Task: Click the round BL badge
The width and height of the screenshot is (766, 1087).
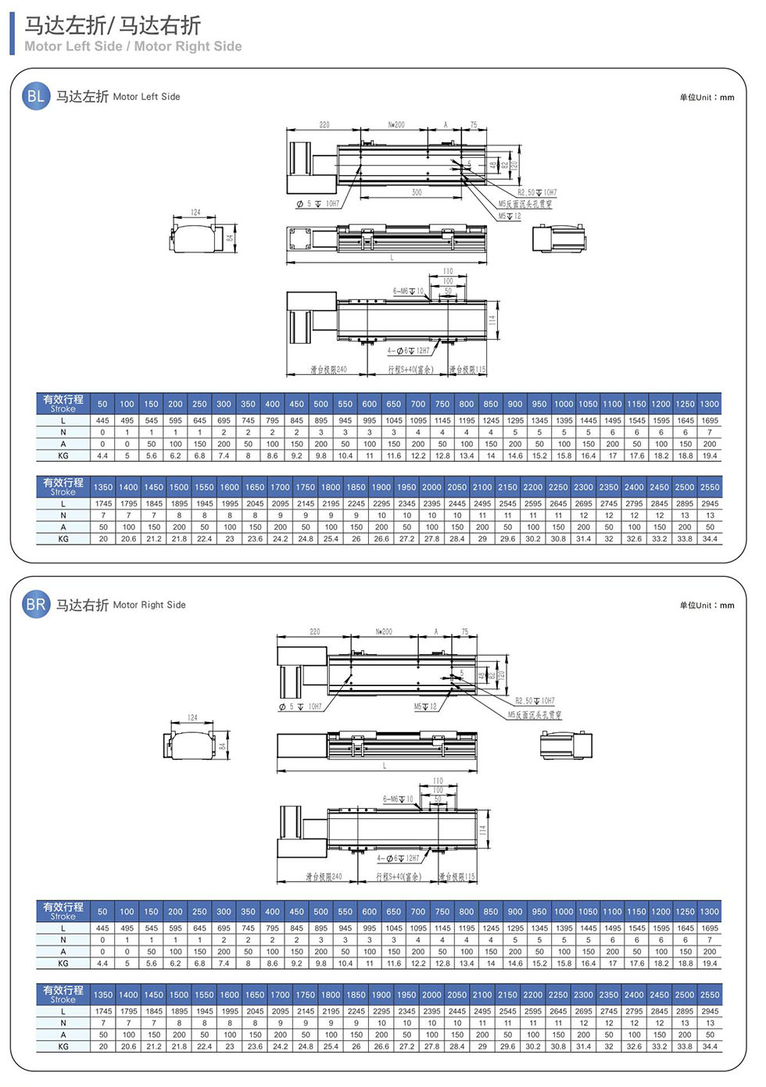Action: coord(36,96)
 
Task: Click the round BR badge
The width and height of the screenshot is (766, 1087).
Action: coord(36,604)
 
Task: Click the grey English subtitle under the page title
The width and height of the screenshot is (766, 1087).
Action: coord(133,47)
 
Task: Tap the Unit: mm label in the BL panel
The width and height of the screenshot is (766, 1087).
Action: coord(707,98)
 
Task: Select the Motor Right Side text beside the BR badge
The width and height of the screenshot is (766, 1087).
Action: coord(149,605)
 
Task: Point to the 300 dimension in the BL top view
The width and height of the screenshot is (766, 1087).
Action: coord(417,192)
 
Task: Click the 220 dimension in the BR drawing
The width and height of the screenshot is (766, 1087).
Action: coord(314,631)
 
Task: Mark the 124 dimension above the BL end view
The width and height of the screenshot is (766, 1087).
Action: coord(195,213)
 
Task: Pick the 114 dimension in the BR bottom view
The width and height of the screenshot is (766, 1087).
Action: coord(483,831)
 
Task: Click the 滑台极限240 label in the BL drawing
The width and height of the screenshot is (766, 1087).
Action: coord(328,370)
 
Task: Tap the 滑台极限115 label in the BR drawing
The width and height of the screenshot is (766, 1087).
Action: coord(457,877)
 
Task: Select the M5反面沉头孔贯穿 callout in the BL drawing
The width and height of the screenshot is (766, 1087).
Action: coord(525,204)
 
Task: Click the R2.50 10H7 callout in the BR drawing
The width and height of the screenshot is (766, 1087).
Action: coord(535,701)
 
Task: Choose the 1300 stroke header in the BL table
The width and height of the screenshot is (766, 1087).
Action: coord(709,404)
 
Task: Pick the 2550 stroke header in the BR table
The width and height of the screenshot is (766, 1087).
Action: coord(710,995)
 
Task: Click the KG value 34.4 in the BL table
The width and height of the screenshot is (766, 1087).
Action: coord(710,538)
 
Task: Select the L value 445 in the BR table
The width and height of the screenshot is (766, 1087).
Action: coord(102,928)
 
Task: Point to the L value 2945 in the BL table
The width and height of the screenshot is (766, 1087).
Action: coord(710,503)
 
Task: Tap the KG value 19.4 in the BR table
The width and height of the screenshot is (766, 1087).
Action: coord(710,964)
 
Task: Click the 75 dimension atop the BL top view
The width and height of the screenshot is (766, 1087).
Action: coord(473,125)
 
